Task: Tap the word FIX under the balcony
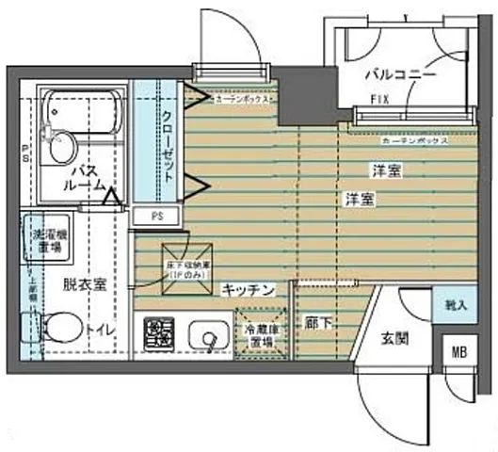[380, 99]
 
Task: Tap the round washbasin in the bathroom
[60, 148]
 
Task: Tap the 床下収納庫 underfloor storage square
[185, 264]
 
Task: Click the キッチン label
[249, 291]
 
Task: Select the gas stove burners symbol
[158, 334]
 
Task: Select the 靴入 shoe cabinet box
[456, 306]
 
